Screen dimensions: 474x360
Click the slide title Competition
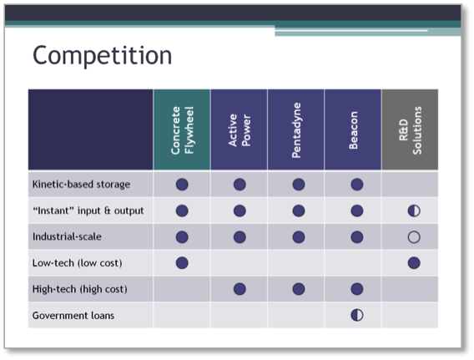pyautogui.click(x=102, y=56)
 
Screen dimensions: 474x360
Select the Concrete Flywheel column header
pyautogui.click(x=182, y=130)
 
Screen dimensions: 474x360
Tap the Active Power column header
pyautogui.click(x=240, y=130)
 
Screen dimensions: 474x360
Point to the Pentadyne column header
pyautogui.click(x=296, y=130)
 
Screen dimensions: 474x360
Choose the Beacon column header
pyautogui.click(x=353, y=130)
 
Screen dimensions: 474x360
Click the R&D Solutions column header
pyautogui.click(x=411, y=130)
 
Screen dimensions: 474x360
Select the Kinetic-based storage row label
pyautogui.click(x=81, y=185)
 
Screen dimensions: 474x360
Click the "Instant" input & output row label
pyautogui.click(x=88, y=210)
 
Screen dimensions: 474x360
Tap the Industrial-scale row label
pyautogui.click(x=67, y=236)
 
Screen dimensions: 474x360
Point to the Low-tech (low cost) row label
pyautogui.click(x=77, y=263)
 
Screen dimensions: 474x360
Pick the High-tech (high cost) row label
pyautogui.click(x=80, y=289)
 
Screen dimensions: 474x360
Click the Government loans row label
pyautogui.click(x=73, y=316)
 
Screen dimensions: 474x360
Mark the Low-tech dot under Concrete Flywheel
pyautogui.click(x=182, y=263)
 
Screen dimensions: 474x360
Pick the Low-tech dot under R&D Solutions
pyautogui.click(x=414, y=263)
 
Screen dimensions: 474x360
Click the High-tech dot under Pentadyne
pyautogui.click(x=299, y=289)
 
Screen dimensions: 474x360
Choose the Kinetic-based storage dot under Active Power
pyautogui.click(x=240, y=185)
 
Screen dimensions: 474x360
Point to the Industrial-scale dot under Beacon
pyautogui.click(x=357, y=237)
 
